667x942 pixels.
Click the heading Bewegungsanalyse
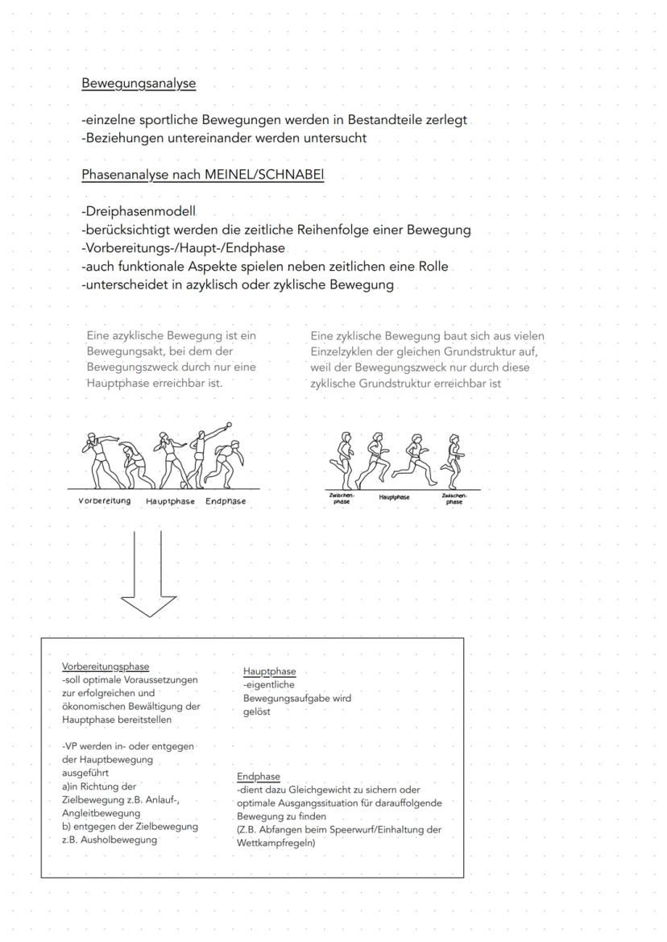(x=138, y=83)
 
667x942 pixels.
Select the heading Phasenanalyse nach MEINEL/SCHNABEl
(x=202, y=175)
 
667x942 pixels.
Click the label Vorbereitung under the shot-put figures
(x=105, y=501)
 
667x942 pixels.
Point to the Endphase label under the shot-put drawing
(x=226, y=501)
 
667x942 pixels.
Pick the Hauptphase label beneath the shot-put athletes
(x=170, y=501)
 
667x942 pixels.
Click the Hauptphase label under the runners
(x=394, y=497)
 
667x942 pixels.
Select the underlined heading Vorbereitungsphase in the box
(x=106, y=667)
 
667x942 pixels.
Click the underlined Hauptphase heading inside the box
(x=269, y=671)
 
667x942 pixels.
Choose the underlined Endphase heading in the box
(x=258, y=777)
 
